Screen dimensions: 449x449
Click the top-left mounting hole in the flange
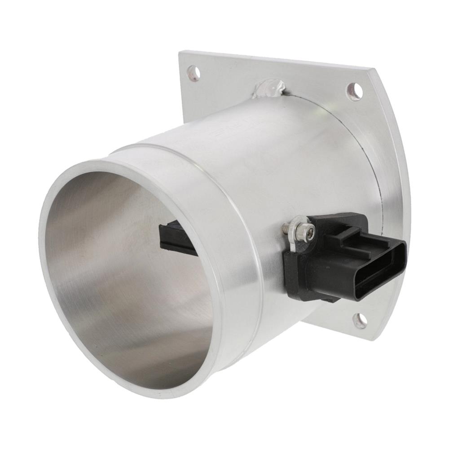click(x=193, y=73)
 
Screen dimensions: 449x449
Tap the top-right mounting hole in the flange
click(x=354, y=92)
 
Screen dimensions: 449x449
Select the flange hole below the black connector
click(x=360, y=320)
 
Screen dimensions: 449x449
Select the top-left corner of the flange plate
click(x=180, y=53)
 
